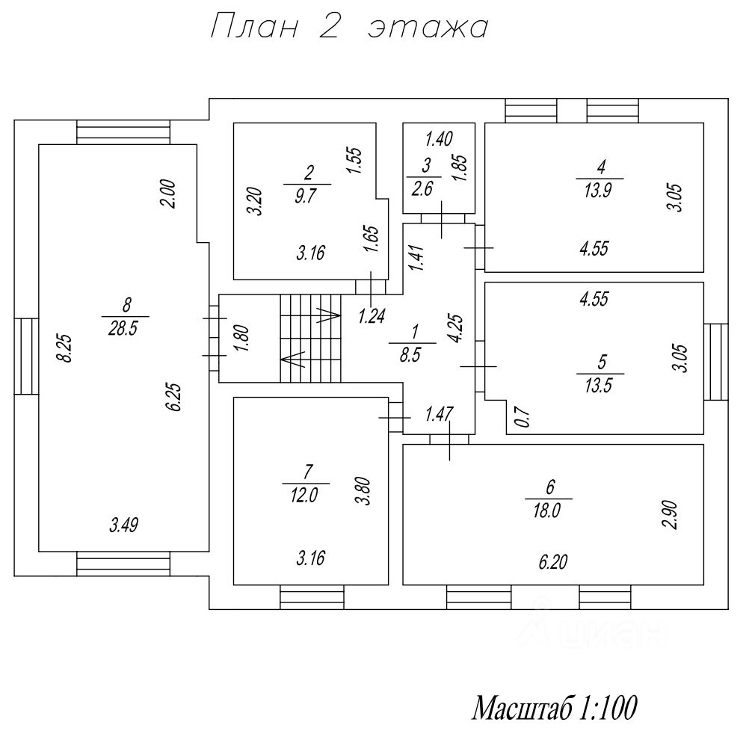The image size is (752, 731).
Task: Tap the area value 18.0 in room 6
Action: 549,511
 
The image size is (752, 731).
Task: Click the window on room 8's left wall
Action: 26,355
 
